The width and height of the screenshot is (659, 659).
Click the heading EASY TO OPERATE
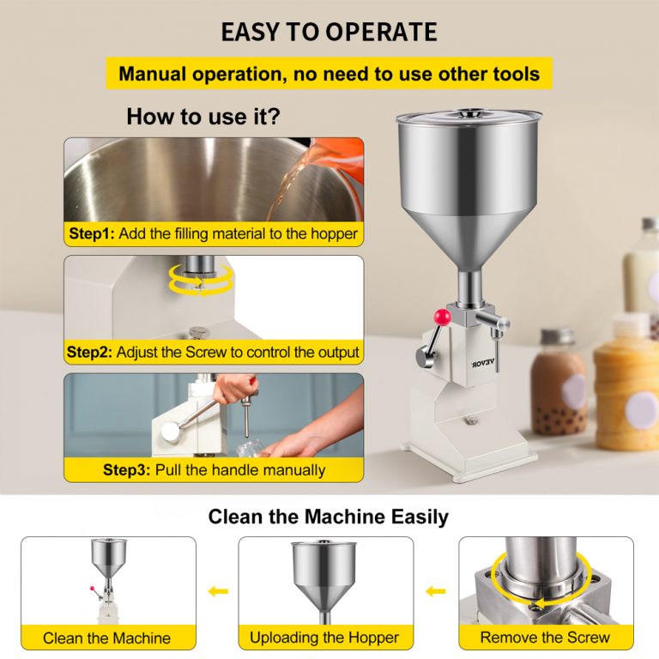(329, 33)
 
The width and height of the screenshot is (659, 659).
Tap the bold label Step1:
(93, 233)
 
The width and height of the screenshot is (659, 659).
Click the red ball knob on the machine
(444, 318)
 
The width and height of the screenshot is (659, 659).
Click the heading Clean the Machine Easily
(329, 517)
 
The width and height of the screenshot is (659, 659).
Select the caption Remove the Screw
(545, 637)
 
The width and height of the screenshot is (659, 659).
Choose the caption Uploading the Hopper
(324, 637)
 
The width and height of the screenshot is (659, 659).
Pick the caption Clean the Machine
(107, 638)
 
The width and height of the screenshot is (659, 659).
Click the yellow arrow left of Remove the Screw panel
(436, 591)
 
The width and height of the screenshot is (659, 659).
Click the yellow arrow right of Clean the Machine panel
(217, 591)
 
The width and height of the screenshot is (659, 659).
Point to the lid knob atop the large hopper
(469, 112)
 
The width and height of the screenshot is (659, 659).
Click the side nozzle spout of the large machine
(498, 321)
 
